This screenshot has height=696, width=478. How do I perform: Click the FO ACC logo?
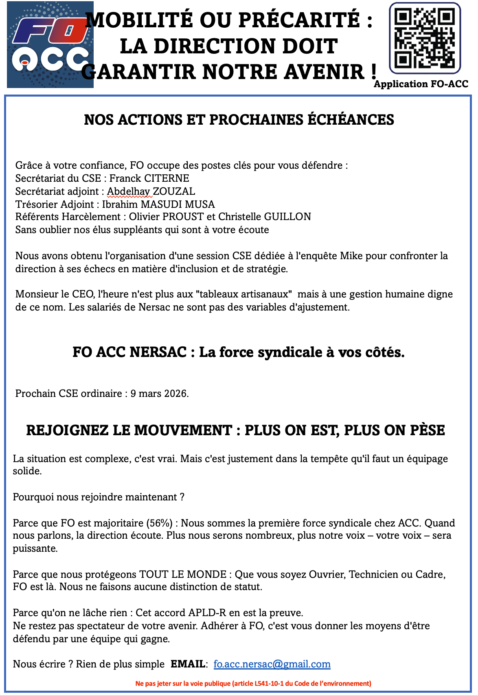tap(50, 45)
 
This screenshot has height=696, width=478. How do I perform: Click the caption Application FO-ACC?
tap(421, 84)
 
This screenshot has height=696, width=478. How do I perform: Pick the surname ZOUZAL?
tap(174, 192)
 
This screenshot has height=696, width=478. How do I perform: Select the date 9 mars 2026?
tap(159, 394)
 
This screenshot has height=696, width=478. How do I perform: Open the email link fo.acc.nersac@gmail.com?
tap(272, 664)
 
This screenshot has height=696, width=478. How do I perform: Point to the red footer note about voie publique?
tap(253, 683)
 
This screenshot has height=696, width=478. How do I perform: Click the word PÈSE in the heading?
tap(427, 430)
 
